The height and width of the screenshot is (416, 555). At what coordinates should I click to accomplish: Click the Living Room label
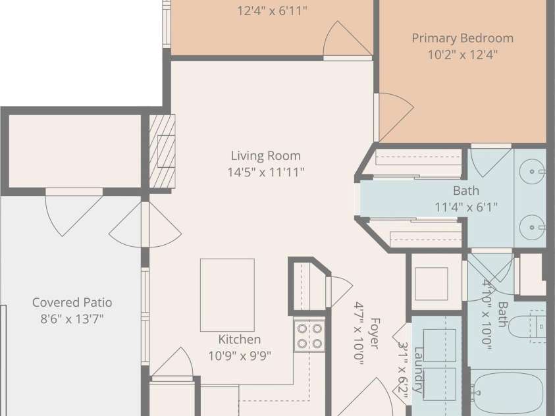click(266, 155)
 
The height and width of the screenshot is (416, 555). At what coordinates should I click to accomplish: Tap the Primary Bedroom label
click(463, 38)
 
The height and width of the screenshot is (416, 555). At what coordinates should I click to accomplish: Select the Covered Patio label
click(72, 302)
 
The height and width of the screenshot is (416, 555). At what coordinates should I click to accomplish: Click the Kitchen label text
click(240, 339)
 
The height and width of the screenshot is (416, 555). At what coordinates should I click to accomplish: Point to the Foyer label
click(375, 333)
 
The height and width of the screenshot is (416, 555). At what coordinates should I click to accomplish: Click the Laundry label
click(419, 370)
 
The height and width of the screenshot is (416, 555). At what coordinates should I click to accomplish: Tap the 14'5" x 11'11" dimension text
click(266, 172)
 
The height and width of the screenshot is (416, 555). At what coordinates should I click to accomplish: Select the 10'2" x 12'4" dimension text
click(463, 55)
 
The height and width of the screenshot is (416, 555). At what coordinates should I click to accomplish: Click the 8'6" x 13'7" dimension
click(72, 319)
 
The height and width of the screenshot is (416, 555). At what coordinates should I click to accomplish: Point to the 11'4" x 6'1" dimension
click(466, 207)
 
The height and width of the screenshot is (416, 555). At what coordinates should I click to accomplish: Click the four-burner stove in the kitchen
click(309, 336)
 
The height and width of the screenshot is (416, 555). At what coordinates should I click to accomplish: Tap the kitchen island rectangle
click(227, 295)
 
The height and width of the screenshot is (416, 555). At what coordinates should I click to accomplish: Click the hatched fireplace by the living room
click(162, 151)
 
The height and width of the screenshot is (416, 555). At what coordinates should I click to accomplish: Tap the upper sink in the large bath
click(533, 171)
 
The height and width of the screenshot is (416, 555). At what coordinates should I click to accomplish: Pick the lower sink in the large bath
click(533, 227)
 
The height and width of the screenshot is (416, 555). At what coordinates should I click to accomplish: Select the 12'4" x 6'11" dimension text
click(272, 11)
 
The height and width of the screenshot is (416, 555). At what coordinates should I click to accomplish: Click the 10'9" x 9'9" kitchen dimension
click(240, 356)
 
